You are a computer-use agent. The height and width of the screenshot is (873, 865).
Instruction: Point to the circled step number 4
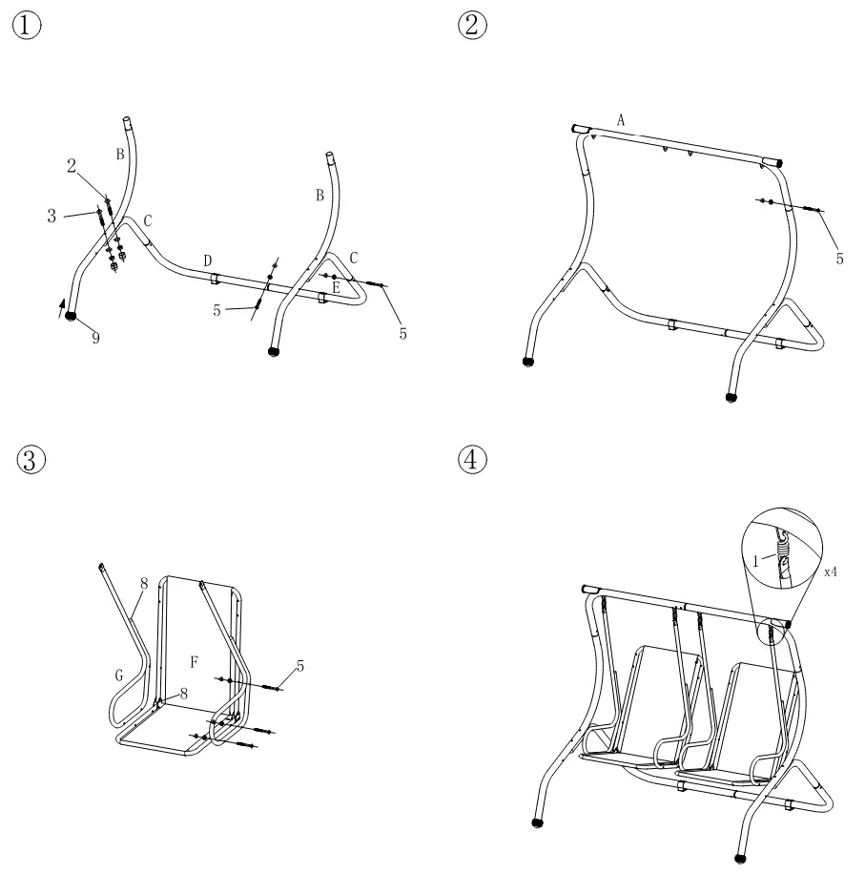471,460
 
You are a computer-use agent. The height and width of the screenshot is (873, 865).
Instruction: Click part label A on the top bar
621,120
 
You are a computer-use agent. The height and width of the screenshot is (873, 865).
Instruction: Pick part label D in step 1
207,260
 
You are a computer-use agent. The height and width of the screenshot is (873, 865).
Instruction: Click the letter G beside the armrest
119,676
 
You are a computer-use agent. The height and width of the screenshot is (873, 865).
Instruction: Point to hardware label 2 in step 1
72,165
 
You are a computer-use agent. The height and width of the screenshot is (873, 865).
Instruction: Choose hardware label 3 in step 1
51,217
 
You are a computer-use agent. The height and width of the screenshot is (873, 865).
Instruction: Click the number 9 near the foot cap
95,339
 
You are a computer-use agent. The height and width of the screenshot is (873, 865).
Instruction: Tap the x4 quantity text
832,572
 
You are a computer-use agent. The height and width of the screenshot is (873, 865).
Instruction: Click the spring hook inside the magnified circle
782,551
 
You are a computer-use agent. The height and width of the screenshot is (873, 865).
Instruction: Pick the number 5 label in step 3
300,666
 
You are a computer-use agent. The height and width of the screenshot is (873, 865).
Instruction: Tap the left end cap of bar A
578,128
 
